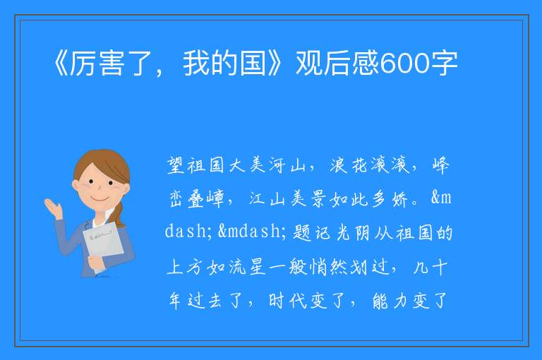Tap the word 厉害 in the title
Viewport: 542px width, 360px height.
(x=97, y=64)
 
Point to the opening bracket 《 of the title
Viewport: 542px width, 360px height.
(x=61, y=64)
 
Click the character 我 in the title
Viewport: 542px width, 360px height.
(x=196, y=64)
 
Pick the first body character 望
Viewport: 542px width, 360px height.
(x=176, y=165)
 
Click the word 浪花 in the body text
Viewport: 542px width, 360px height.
(x=349, y=165)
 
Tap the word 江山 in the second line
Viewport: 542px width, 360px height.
(x=267, y=199)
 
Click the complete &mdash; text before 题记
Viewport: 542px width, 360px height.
(x=252, y=232)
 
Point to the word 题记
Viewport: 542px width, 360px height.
(x=312, y=232)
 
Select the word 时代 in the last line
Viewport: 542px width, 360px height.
(x=288, y=301)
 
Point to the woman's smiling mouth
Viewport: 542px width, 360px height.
(x=100, y=198)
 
